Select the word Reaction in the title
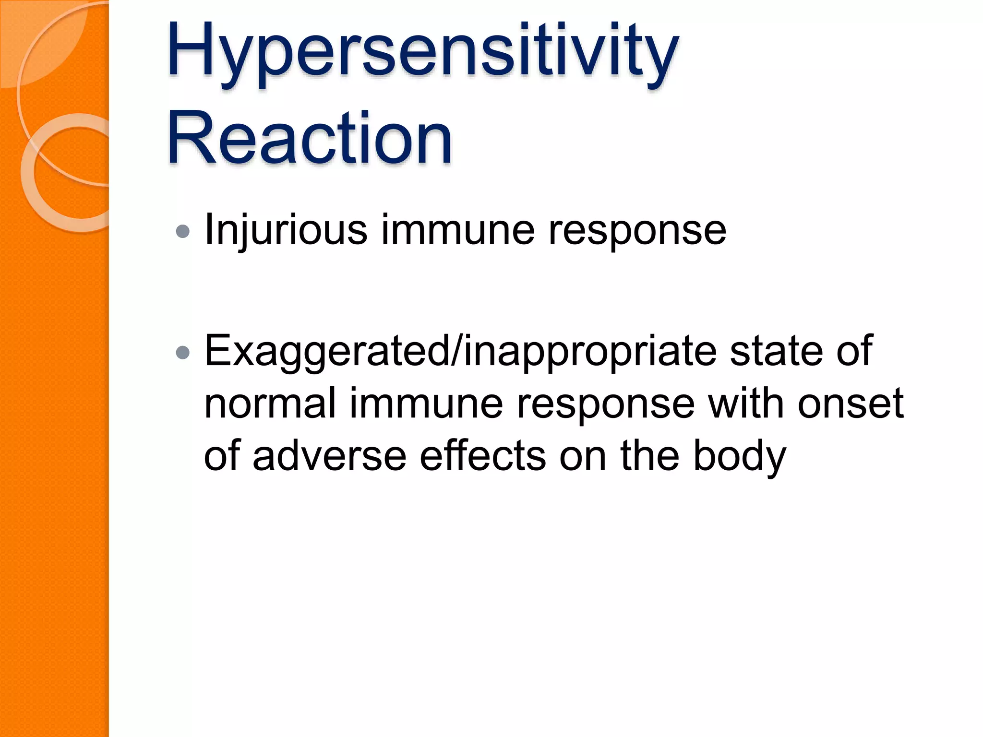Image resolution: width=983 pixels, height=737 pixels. (310, 139)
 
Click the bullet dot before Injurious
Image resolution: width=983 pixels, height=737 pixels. (183, 232)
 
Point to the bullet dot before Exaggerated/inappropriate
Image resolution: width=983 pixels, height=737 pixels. (183, 354)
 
